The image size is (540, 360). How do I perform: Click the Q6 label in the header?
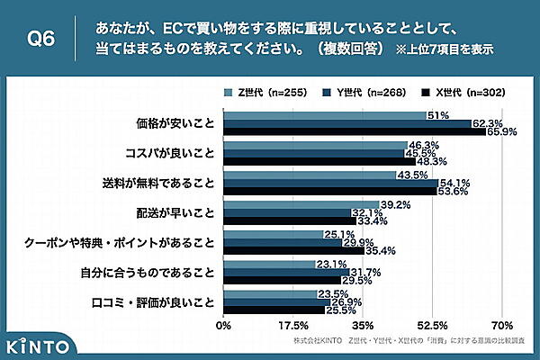(x=43, y=38)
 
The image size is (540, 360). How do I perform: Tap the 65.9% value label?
(x=502, y=132)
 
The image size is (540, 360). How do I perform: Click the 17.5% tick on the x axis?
(x=292, y=324)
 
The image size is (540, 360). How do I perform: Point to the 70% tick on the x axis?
(x=502, y=324)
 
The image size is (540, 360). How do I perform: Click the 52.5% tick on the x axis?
(x=432, y=324)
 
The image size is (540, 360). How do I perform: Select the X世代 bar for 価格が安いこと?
(x=355, y=132)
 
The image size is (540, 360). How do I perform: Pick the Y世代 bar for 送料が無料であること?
(x=330, y=183)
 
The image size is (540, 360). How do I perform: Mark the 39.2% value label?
(x=395, y=203)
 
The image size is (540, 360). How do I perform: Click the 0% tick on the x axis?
(x=224, y=324)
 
